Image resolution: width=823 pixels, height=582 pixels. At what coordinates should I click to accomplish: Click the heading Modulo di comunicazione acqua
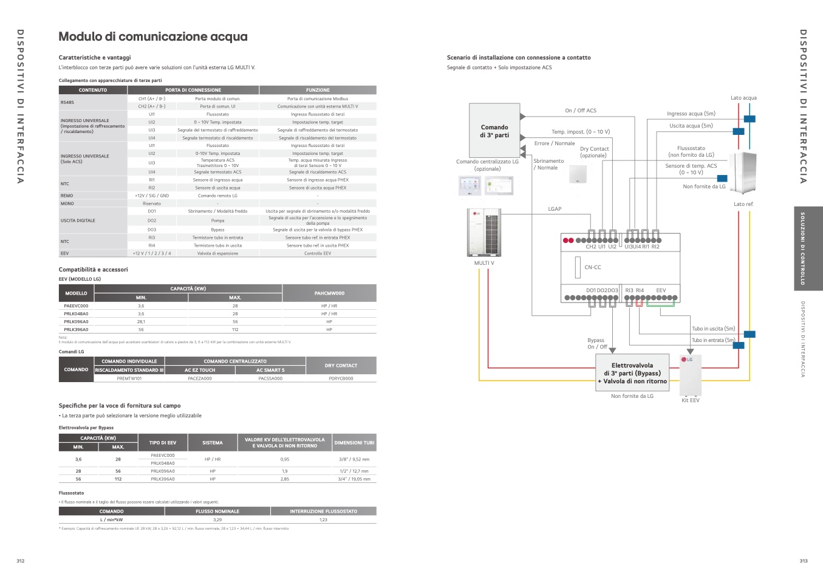click(x=153, y=37)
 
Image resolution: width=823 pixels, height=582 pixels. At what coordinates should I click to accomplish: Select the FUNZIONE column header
click(x=318, y=90)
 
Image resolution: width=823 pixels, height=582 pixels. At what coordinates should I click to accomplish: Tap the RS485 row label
click(x=67, y=102)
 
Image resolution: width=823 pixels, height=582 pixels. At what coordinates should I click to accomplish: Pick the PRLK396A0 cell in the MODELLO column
click(x=76, y=330)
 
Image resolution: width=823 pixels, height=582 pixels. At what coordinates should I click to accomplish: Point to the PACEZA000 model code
click(x=200, y=378)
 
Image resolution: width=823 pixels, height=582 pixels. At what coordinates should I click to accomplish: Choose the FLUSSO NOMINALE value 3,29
click(x=217, y=520)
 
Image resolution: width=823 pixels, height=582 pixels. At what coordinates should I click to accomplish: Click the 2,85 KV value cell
click(x=284, y=479)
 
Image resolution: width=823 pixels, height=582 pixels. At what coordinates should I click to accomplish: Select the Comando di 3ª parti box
click(x=494, y=131)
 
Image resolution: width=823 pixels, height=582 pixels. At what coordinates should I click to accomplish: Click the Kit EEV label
click(x=690, y=400)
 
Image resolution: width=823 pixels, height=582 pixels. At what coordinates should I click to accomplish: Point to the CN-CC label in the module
click(x=592, y=267)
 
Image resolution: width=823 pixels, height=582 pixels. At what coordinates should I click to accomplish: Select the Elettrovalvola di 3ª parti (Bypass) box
click(x=632, y=373)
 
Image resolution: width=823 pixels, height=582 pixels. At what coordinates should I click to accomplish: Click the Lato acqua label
click(x=743, y=98)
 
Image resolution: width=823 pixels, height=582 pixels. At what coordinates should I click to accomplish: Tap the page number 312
click(x=21, y=561)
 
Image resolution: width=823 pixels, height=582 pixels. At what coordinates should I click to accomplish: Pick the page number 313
click(x=804, y=561)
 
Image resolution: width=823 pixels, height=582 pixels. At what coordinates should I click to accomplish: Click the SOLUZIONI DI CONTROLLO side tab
click(x=803, y=248)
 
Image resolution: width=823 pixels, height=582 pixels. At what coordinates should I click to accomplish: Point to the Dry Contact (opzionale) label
click(x=594, y=152)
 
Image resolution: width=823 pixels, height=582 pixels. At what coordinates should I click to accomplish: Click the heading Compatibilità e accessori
click(x=94, y=270)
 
